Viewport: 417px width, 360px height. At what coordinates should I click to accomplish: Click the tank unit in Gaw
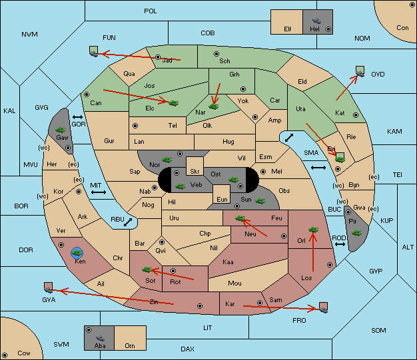61,130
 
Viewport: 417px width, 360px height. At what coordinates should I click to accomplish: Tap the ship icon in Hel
316,21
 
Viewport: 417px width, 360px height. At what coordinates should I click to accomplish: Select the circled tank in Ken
77,253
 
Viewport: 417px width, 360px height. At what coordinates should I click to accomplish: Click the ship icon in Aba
100,337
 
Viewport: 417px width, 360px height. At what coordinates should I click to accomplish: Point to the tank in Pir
356,233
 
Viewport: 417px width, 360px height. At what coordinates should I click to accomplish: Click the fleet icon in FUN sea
94,51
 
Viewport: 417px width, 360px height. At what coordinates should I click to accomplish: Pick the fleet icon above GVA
49,287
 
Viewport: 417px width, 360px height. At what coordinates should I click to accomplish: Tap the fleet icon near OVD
360,71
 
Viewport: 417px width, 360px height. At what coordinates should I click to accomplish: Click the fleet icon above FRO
323,307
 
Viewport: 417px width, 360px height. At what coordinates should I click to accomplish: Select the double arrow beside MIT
99,192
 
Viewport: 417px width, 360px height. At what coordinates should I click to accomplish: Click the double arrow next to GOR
78,117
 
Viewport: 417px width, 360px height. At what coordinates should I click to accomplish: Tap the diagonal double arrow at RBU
128,222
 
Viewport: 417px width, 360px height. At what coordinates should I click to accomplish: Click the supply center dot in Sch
216,54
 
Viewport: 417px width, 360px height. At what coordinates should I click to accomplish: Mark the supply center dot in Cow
5,355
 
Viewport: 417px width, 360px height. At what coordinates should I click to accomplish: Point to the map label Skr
195,172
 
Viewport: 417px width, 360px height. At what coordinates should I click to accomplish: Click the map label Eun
222,200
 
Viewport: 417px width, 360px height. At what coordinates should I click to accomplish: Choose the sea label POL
151,11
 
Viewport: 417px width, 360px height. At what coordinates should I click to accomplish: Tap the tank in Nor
167,160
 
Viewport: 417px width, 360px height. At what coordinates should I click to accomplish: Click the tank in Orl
313,230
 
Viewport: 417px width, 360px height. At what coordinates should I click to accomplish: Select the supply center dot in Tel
135,125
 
